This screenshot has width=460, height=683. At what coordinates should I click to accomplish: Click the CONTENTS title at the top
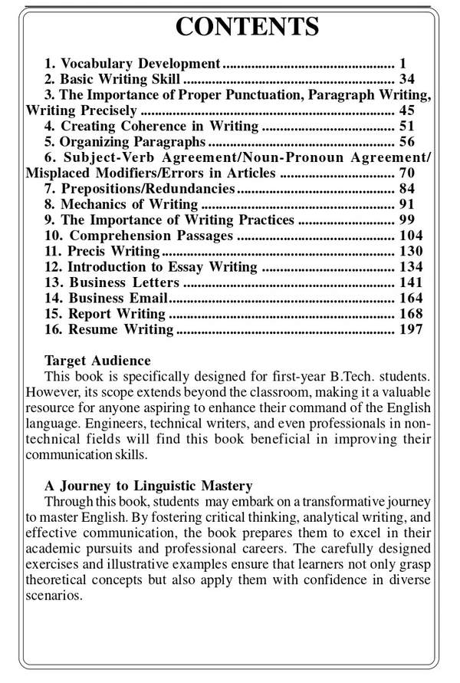(247, 26)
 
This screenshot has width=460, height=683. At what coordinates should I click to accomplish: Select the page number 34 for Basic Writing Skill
(406, 79)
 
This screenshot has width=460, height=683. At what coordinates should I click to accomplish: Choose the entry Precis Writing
(113, 251)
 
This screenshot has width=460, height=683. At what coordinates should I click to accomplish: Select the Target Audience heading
(97, 361)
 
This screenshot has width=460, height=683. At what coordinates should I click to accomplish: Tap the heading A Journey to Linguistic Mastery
(148, 486)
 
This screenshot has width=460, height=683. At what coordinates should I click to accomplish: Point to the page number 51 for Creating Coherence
(406, 126)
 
